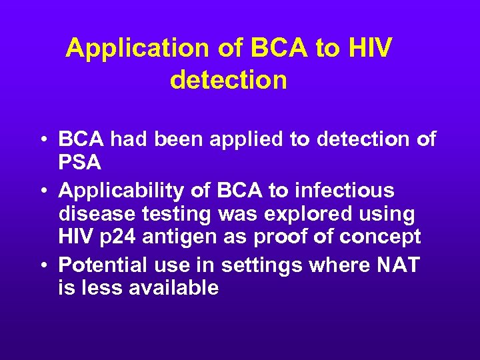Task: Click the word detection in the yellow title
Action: tap(229, 80)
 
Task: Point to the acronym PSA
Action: tap(80, 161)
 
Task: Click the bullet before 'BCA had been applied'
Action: tap(42, 140)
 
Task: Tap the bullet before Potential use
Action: tap(42, 266)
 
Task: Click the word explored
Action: tap(297, 214)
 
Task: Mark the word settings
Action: tap(261, 265)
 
